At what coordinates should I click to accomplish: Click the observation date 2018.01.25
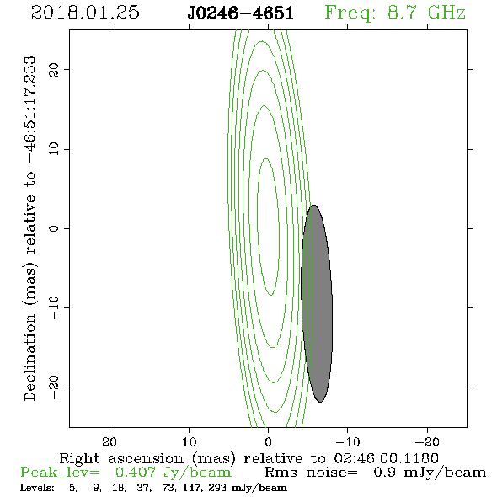tap(85, 13)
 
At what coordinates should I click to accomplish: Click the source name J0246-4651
tap(241, 13)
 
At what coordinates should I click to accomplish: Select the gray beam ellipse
tap(317, 303)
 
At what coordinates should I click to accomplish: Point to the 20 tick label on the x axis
tap(110, 441)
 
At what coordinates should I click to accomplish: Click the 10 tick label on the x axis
tap(189, 441)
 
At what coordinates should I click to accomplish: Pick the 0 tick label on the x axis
tap(268, 441)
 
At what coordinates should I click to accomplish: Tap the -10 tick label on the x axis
tap(348, 441)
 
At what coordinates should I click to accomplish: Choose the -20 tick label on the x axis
tap(427, 441)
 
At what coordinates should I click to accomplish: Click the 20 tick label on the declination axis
tap(54, 69)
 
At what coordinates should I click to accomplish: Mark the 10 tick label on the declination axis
tap(54, 149)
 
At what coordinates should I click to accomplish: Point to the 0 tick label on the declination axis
tap(54, 228)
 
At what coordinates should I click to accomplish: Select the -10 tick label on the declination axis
tap(54, 307)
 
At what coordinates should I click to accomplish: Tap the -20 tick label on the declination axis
tap(54, 387)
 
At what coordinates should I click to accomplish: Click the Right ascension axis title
tap(249, 458)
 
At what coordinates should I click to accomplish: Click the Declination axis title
tap(29, 229)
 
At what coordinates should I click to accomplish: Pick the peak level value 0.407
tap(136, 473)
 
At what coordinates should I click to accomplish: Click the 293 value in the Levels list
tap(217, 487)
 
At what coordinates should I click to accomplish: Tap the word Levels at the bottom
tap(37, 487)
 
